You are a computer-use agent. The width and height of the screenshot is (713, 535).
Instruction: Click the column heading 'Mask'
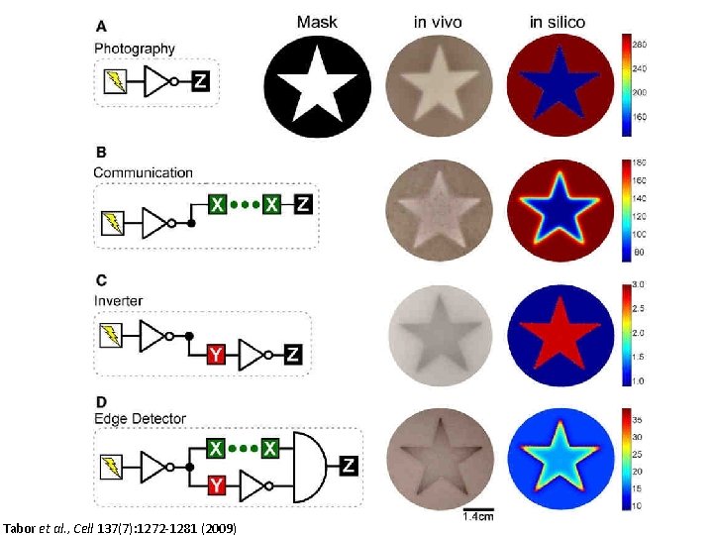click(318, 21)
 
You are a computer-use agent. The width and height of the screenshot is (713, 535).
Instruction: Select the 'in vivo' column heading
click(438, 21)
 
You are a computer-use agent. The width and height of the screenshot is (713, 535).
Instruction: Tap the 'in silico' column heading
click(557, 21)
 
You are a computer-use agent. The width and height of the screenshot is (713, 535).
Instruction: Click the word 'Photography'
click(135, 48)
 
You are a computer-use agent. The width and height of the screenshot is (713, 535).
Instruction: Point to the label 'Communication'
click(144, 172)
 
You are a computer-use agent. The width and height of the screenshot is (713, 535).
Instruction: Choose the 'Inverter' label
click(119, 300)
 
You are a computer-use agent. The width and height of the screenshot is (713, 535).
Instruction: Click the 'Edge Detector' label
click(140, 418)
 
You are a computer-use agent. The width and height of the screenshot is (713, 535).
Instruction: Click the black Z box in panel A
click(201, 82)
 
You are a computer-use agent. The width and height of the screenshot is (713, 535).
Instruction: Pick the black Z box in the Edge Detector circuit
click(348, 466)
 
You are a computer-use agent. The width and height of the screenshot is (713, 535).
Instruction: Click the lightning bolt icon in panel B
click(115, 224)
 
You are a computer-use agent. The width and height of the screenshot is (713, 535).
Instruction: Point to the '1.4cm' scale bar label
click(479, 516)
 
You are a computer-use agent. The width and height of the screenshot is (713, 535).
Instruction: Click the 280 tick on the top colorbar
click(641, 45)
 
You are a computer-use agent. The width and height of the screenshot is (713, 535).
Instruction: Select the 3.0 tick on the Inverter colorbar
click(640, 285)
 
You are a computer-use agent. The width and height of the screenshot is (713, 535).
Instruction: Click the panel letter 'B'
click(100, 153)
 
